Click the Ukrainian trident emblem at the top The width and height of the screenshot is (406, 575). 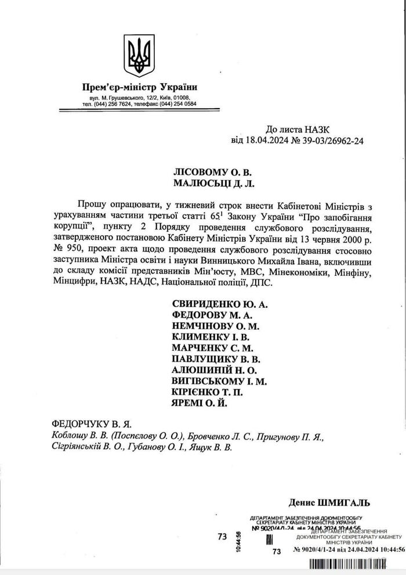139,56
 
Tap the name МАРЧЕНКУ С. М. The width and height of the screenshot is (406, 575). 213,348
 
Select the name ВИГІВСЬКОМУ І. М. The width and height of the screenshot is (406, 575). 220,381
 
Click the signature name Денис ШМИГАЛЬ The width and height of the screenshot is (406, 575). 329,502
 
